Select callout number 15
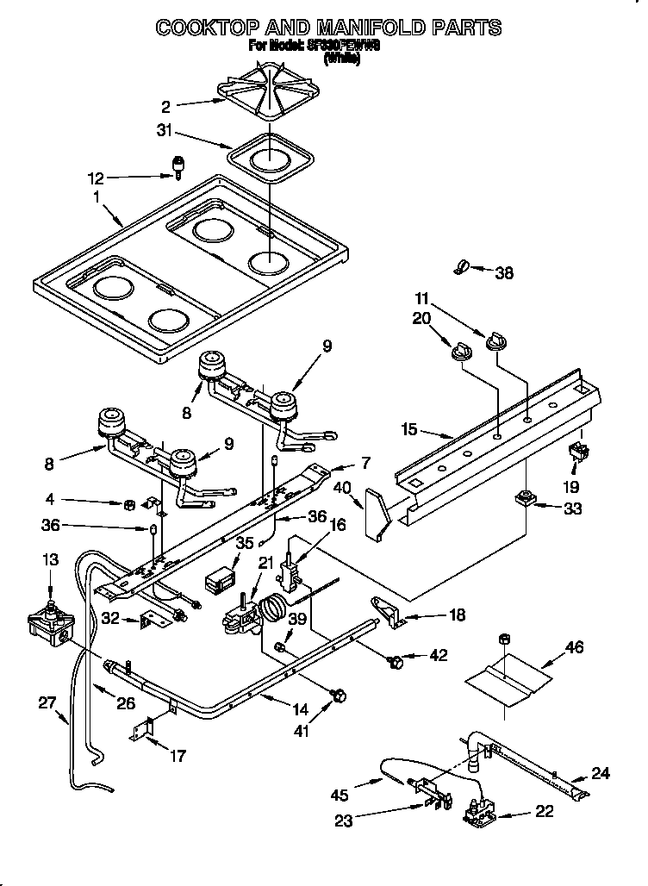(x=409, y=428)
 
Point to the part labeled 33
(x=523, y=498)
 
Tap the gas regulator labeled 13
(x=52, y=622)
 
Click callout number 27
(x=47, y=702)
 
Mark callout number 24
(x=600, y=773)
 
